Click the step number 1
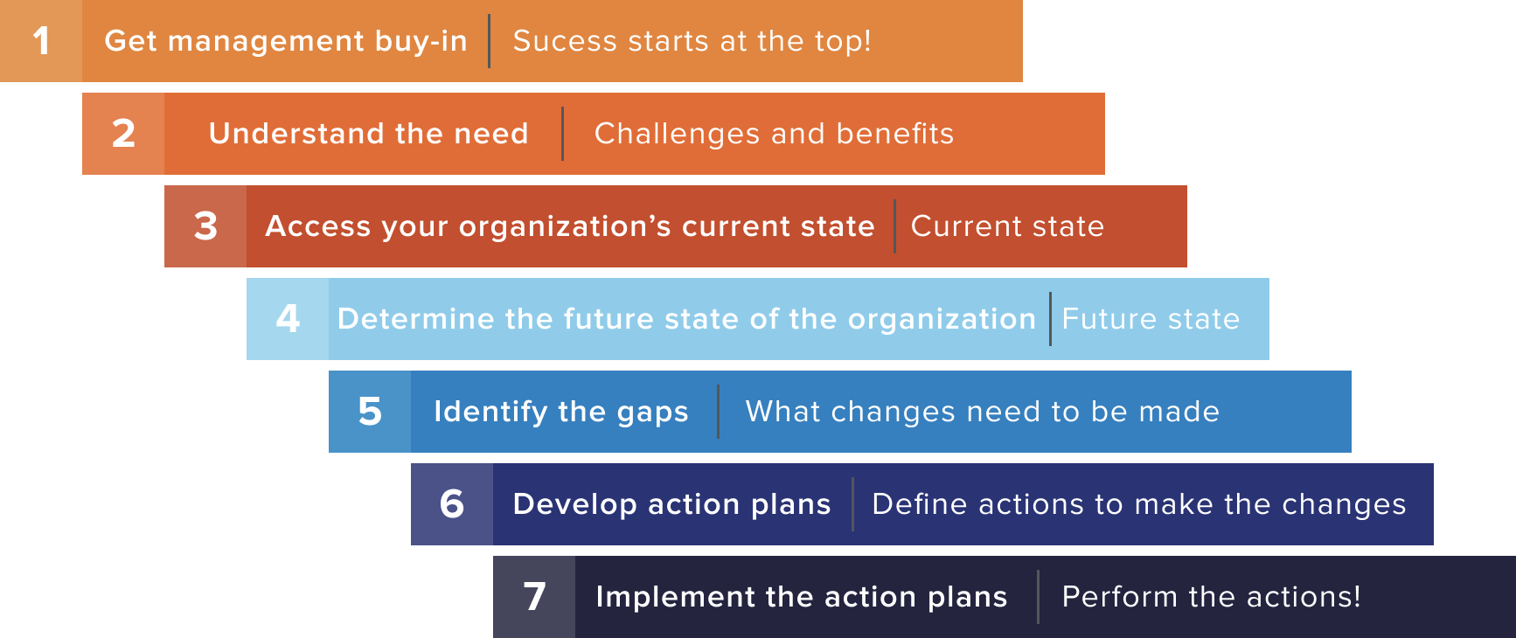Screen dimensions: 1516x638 point(41,41)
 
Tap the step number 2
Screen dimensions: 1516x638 point(123,134)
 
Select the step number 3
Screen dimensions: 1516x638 point(205,226)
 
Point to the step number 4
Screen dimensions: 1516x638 point(288,319)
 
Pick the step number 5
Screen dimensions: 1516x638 point(370,412)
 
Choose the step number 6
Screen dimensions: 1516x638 point(452,504)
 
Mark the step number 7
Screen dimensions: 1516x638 point(534,597)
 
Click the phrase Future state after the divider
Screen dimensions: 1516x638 point(1151,319)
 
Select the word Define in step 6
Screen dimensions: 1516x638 point(920,504)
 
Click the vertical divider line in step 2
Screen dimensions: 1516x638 point(562,134)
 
